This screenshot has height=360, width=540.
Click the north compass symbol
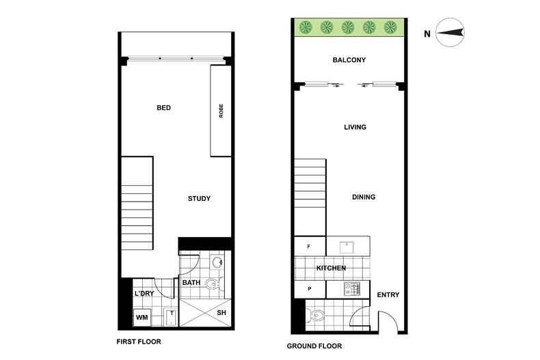point(450,33)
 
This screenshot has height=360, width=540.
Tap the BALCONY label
point(349,60)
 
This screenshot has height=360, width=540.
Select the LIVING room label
point(355,127)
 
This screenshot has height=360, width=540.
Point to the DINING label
point(364,197)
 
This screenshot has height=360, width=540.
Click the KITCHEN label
point(331,268)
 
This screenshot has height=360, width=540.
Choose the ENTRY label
point(388,295)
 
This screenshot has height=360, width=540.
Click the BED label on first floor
point(163,108)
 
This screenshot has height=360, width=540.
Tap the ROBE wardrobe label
point(221,111)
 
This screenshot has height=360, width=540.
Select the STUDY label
point(199,199)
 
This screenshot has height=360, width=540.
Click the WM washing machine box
point(142,318)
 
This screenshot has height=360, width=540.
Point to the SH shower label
point(221,313)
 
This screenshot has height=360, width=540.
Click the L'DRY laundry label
point(144,293)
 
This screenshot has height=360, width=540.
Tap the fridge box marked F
point(310,246)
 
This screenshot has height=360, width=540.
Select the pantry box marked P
point(310,289)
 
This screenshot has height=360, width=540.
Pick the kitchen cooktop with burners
point(351,290)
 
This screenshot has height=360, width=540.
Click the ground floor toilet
point(316,316)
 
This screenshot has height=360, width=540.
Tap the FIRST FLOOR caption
point(139,342)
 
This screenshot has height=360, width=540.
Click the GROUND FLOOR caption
point(312,346)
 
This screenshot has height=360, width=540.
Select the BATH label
point(191,282)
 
